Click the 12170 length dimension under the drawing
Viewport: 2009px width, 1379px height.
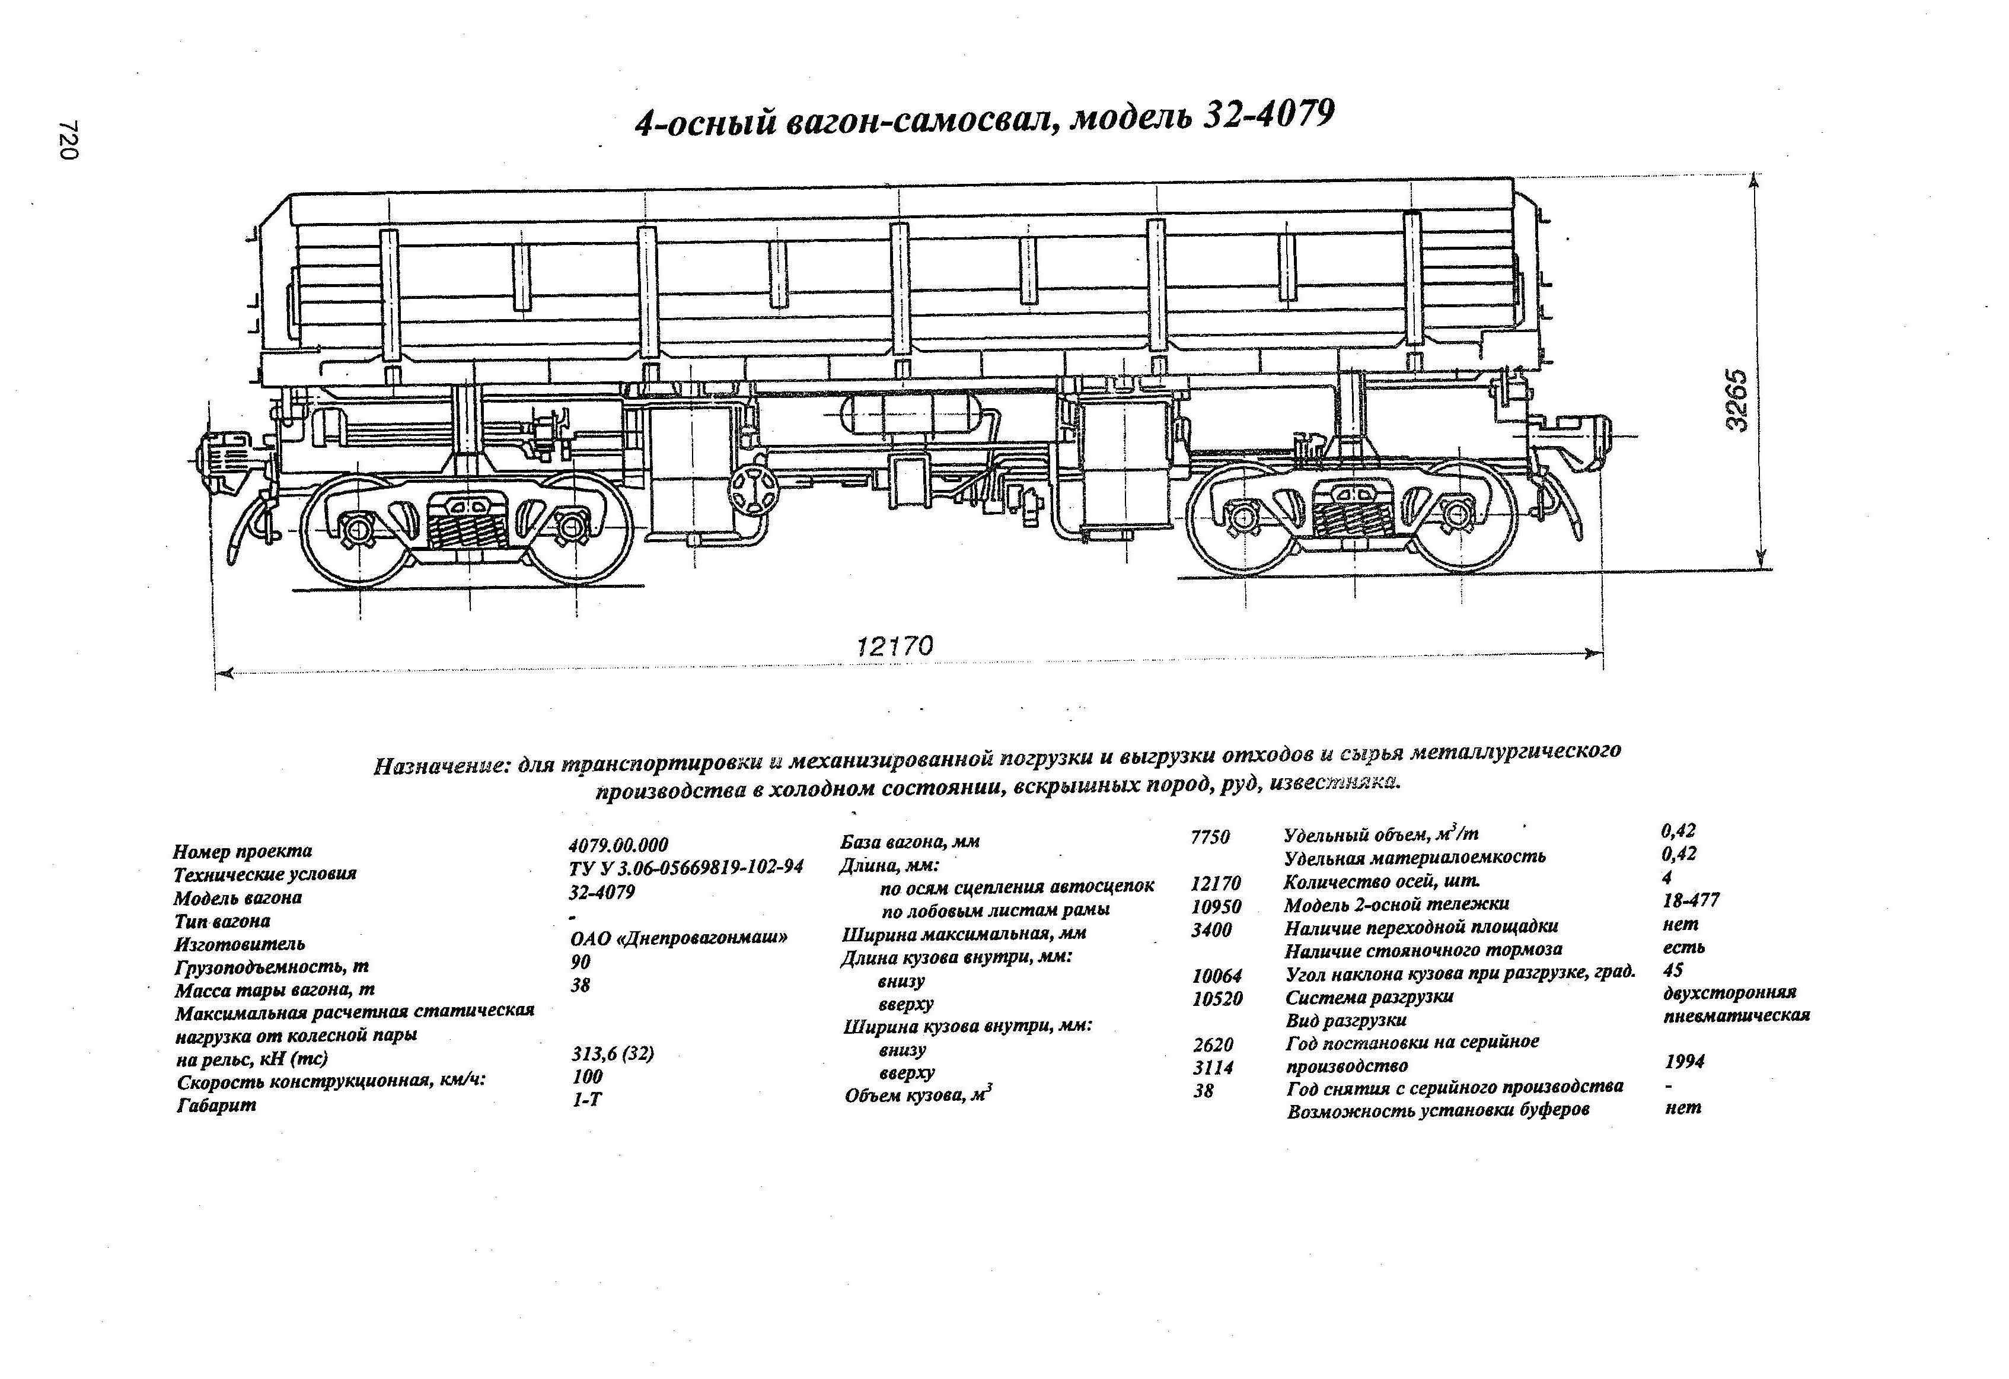895,646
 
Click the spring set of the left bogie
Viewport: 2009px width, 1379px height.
466,527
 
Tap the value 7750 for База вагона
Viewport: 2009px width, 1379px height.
1210,837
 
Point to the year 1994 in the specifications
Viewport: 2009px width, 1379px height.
1684,1061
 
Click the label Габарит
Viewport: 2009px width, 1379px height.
216,1105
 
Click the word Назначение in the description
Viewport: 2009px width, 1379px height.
440,766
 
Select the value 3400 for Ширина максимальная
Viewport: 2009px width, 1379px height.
1210,930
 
